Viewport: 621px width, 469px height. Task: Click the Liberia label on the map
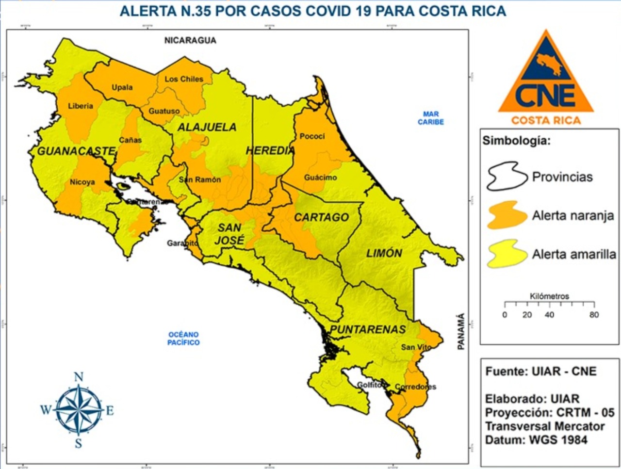click(81, 106)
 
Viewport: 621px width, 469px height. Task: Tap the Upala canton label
click(122, 88)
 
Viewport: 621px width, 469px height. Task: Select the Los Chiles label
click(184, 79)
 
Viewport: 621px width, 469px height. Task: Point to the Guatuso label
click(164, 111)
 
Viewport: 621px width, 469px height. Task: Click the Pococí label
click(312, 136)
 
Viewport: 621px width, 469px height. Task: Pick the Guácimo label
click(320, 178)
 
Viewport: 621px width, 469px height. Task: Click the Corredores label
click(415, 387)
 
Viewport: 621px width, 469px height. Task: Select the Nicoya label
click(82, 182)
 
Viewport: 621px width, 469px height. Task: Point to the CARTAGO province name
click(321, 217)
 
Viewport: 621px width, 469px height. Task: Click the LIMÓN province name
click(384, 253)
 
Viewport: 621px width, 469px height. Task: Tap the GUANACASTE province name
click(76, 151)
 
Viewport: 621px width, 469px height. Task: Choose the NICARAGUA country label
click(190, 40)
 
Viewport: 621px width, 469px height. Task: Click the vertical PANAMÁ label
click(461, 332)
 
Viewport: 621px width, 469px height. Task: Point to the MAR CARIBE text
click(431, 118)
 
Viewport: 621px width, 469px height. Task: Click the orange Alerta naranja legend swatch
click(507, 215)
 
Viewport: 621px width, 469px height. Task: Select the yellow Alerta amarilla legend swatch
click(507, 254)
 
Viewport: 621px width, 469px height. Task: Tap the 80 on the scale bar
click(594, 315)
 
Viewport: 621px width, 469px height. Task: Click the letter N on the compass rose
click(79, 377)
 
